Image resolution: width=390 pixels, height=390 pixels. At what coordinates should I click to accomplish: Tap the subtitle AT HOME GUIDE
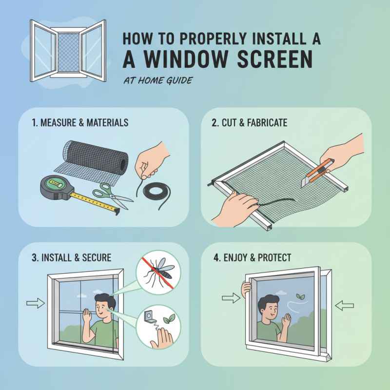157,80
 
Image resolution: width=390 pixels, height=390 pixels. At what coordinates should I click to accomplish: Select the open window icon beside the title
68,49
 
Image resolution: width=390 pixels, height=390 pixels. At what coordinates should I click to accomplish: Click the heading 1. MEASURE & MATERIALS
80,122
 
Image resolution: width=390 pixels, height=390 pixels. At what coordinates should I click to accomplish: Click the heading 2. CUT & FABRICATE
250,122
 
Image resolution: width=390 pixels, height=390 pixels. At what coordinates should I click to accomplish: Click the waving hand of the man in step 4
286,320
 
